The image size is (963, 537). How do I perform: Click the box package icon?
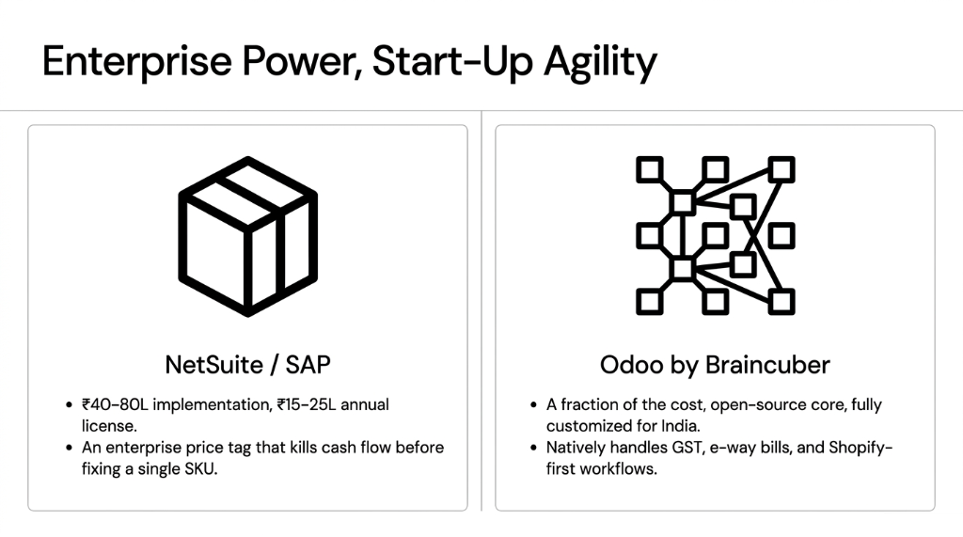(247, 236)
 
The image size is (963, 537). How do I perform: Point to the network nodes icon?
(716, 236)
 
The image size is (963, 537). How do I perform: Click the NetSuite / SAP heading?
(247, 365)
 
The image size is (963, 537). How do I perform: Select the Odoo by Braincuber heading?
(715, 365)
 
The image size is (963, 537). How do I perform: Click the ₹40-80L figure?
(115, 404)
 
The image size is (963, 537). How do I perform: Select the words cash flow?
(354, 448)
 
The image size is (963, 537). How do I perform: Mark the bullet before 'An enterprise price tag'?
(69, 448)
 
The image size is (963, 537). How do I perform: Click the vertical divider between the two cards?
(481, 310)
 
